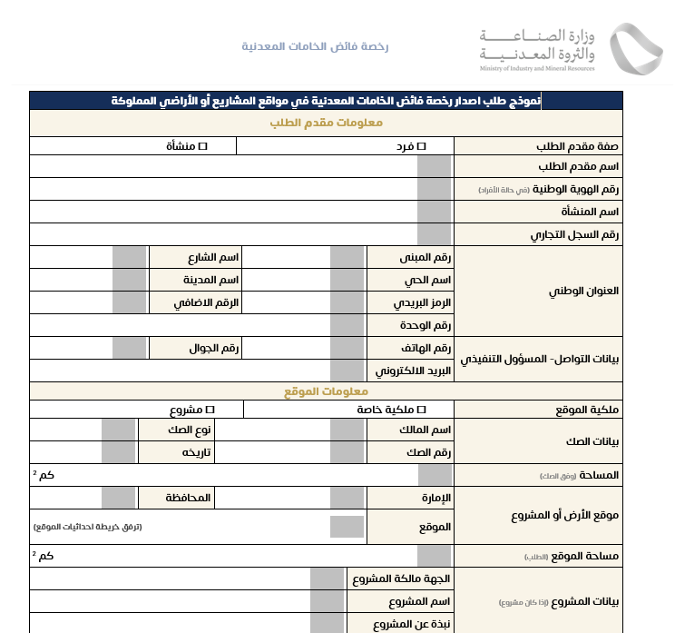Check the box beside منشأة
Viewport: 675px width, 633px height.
[x=204, y=145]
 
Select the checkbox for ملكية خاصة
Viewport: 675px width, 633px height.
[x=421, y=410]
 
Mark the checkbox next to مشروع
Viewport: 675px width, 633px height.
[x=210, y=410]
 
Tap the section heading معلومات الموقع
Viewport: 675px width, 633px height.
[x=326, y=391]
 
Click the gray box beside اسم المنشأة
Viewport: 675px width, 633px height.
[x=435, y=212]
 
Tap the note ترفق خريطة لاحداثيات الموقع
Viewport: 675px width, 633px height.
[x=88, y=527]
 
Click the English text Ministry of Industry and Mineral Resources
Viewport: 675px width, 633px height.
[x=538, y=68]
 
